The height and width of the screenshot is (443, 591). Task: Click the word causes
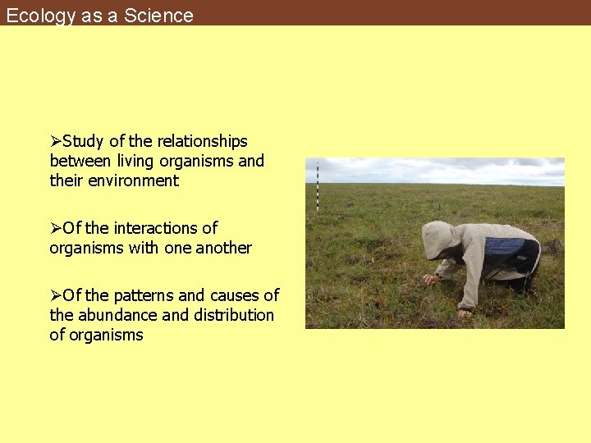(x=237, y=295)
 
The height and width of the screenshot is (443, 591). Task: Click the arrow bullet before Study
(x=56, y=141)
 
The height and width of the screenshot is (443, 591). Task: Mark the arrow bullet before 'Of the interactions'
(x=56, y=228)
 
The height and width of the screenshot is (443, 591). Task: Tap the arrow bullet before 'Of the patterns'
(x=56, y=295)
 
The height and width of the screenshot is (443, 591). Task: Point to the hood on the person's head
(x=438, y=240)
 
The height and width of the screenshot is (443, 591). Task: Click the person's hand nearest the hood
(x=429, y=279)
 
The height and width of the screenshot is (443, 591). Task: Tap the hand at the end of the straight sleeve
(x=465, y=312)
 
